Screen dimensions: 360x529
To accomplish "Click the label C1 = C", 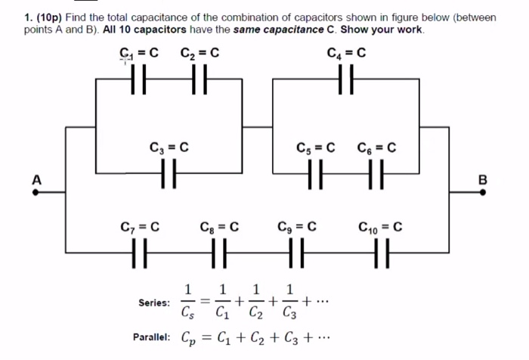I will (x=139, y=54).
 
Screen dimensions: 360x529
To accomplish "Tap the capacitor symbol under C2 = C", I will (x=200, y=79).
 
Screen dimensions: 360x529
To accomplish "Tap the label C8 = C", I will (x=220, y=226).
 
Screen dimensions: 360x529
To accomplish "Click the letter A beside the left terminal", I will (x=34, y=180).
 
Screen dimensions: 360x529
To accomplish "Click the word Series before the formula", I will (x=154, y=303).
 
